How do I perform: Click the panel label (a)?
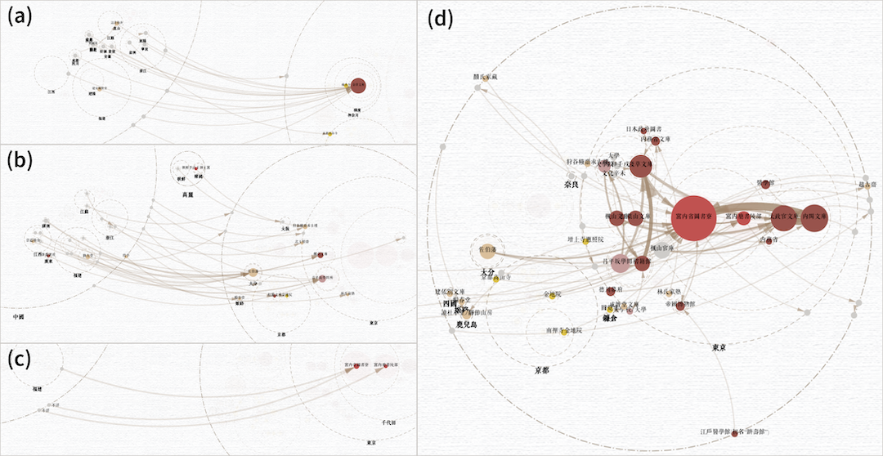[20, 17]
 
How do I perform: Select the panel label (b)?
[20, 161]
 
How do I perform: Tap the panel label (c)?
[20, 359]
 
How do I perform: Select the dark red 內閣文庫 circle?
[814, 218]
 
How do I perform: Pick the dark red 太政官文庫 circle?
[782, 218]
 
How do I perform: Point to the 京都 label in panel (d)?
[541, 370]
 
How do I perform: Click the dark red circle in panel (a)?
[357, 84]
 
